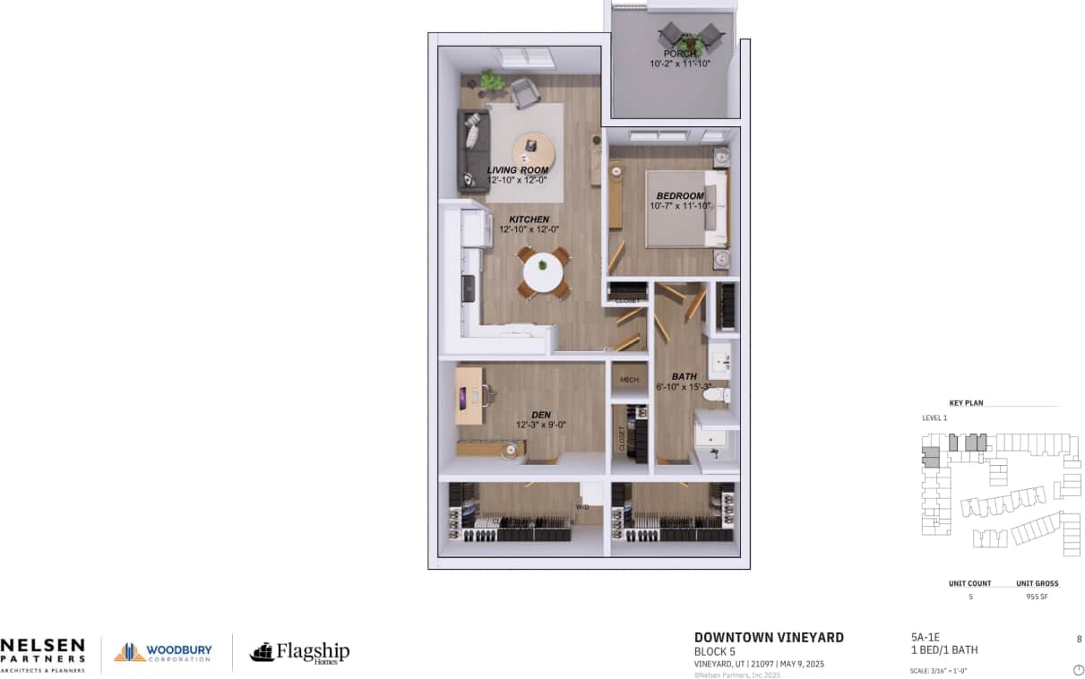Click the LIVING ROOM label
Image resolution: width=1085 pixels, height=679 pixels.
517,170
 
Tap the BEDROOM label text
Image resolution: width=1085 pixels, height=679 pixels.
679,195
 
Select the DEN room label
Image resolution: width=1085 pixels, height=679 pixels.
540,415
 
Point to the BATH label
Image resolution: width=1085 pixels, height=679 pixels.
685,376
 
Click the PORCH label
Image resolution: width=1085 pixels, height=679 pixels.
680,54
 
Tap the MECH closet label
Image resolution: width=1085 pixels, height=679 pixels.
629,381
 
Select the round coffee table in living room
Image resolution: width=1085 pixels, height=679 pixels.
532,150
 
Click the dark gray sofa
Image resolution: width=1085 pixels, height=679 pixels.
469,150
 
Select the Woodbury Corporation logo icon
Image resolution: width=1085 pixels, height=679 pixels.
129,652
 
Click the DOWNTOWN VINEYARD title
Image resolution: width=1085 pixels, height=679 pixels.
769,638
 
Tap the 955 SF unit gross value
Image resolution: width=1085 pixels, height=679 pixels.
1037,596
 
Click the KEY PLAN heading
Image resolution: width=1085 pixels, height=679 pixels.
966,403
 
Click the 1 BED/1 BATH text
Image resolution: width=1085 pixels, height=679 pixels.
943,650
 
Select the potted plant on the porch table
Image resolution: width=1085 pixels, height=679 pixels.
688,39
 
